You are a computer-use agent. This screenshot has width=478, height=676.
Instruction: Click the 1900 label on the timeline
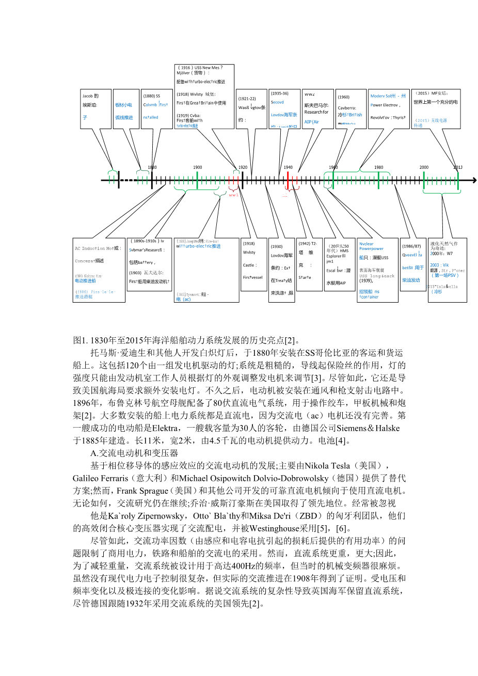coord(198,167)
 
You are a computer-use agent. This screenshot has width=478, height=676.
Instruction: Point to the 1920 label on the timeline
coord(243,167)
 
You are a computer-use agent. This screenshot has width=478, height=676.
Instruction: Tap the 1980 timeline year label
coord(379,167)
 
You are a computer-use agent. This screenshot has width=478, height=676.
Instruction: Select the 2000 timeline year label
coord(424,167)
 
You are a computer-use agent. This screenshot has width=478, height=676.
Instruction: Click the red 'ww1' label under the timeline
coord(233,195)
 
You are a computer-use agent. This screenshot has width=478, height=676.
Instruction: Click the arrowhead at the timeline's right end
coord(474,180)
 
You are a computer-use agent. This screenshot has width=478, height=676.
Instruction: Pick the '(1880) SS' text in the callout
coord(152,96)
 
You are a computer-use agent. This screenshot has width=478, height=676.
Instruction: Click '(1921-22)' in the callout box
coord(247,99)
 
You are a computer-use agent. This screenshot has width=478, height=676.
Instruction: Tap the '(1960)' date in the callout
coord(344,97)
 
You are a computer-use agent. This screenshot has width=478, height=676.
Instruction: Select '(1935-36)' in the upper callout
coord(280,93)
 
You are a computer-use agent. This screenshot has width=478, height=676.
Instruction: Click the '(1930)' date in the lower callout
coord(277,246)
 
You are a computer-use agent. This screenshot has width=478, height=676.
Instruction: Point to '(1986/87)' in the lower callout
coord(411,246)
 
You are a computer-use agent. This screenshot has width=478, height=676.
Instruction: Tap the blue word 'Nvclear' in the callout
coord(367,244)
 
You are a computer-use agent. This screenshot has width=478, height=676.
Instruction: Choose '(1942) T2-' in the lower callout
coord(307,243)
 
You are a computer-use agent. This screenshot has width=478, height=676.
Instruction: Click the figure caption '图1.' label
coord(81,340)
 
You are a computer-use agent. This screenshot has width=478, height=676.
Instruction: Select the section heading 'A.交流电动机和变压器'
coord(134,453)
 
